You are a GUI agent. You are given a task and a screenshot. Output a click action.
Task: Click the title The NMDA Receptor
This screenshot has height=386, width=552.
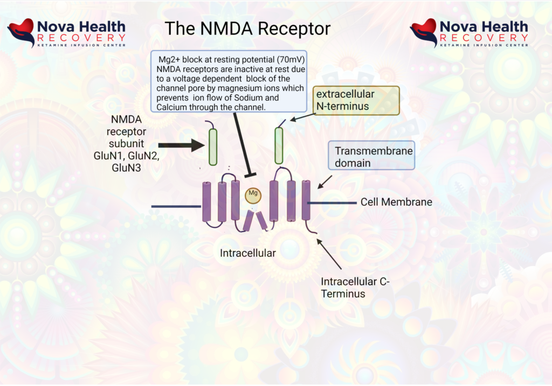tap(247, 28)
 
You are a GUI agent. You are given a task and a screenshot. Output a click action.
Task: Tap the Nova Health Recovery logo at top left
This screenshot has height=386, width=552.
tap(66, 33)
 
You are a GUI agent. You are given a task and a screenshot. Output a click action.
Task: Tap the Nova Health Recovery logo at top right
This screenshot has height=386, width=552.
tap(469, 33)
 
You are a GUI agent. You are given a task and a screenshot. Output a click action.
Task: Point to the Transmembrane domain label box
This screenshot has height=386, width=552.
tap(371, 157)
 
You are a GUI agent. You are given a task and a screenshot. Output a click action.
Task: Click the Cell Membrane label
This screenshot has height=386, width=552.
tap(396, 202)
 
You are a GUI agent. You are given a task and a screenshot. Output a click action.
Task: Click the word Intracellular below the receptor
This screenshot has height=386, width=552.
tap(247, 252)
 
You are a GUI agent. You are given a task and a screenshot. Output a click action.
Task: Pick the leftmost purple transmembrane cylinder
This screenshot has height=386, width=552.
tap(207, 202)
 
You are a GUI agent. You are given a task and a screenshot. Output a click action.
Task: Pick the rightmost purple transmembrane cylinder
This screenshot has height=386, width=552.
tap(306, 200)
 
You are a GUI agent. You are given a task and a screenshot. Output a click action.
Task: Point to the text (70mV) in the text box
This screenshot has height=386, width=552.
tap(291, 59)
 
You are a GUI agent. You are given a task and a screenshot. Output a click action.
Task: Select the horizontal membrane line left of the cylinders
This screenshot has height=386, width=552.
tap(176, 206)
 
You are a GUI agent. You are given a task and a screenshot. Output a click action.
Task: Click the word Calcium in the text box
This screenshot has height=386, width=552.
tap(174, 108)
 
